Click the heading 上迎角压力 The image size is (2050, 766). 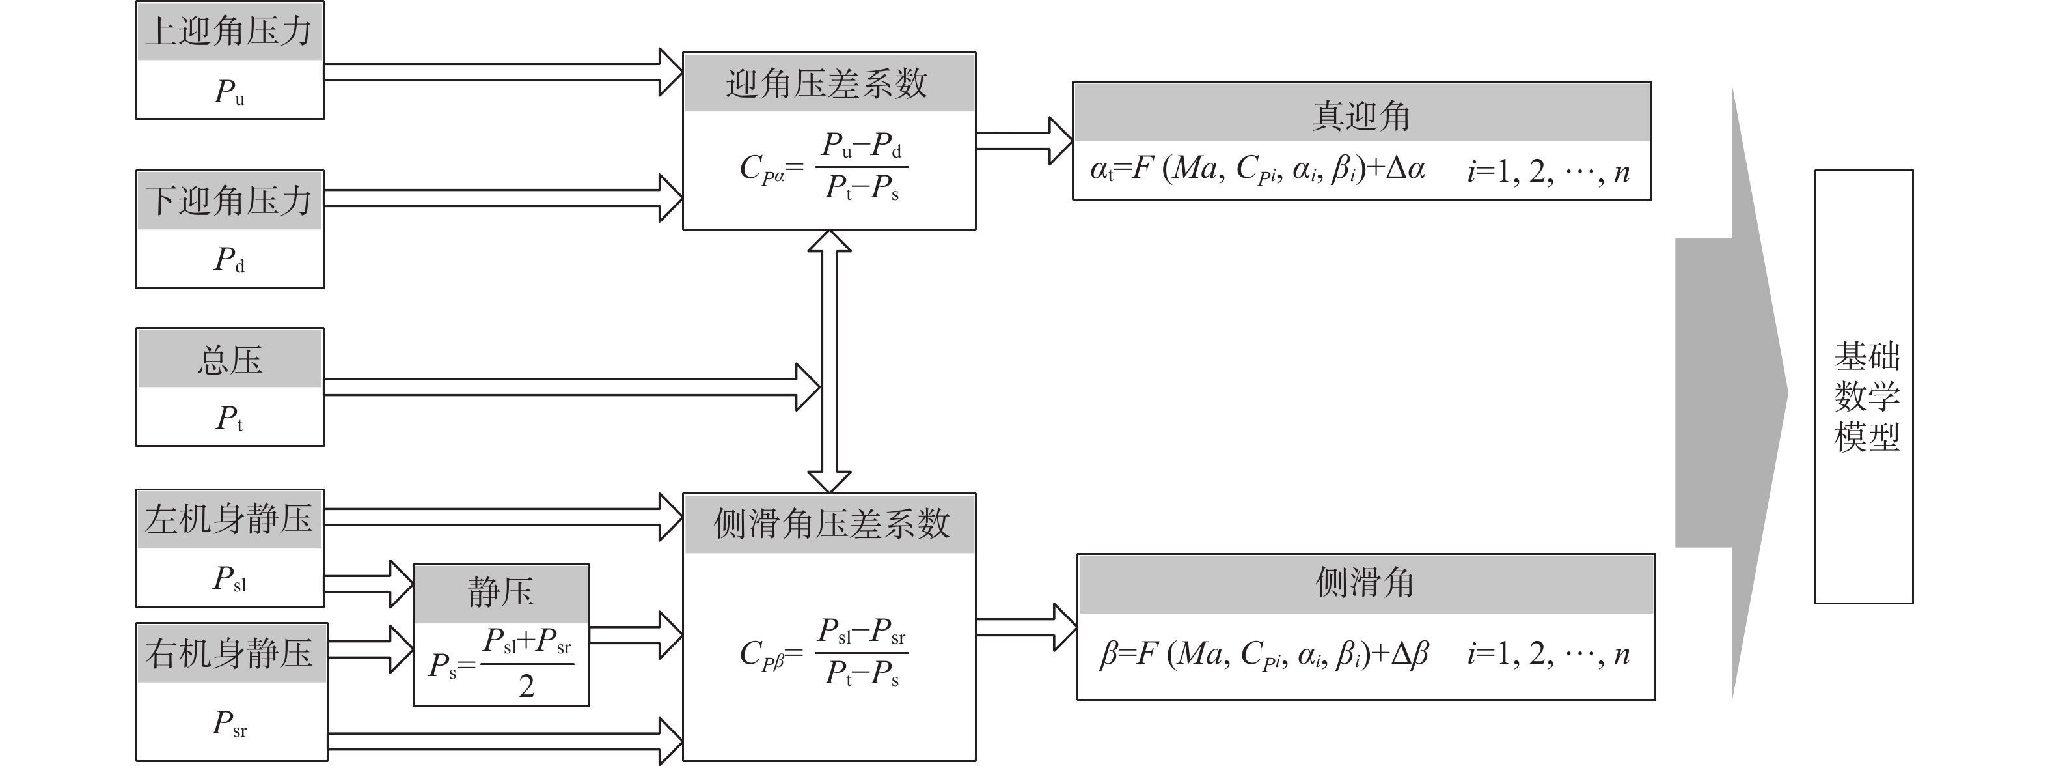tap(229, 32)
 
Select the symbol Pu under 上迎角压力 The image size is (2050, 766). tap(229, 92)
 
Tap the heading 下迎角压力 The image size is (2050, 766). tap(229, 200)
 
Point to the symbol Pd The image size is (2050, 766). tap(229, 260)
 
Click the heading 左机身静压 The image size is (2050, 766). tap(229, 519)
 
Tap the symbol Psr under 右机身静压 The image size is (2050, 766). tap(229, 724)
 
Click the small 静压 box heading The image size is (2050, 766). tap(500, 593)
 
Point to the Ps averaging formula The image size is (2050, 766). tap(500, 663)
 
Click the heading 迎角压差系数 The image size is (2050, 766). tap(828, 83)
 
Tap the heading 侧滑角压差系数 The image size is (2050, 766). tap(830, 524)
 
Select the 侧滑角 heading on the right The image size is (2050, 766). tap(1365, 583)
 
